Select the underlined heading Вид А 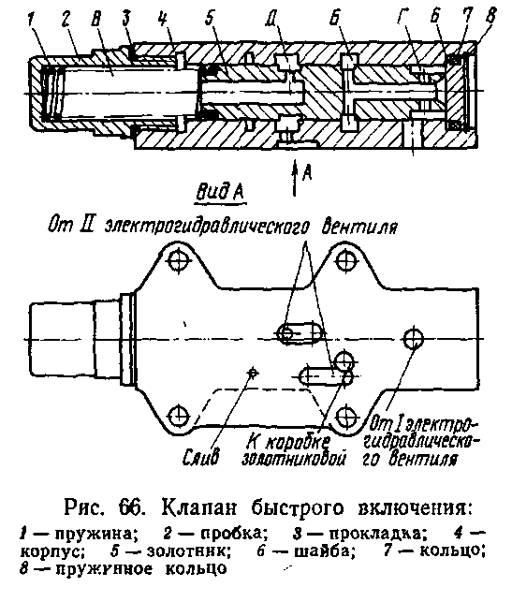(221, 191)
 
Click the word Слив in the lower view (200, 456)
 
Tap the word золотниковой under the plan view (293, 459)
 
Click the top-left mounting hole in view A (180, 262)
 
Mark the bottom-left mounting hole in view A (179, 415)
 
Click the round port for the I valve (414, 339)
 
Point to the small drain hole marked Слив (252, 372)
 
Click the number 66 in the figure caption (132, 508)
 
